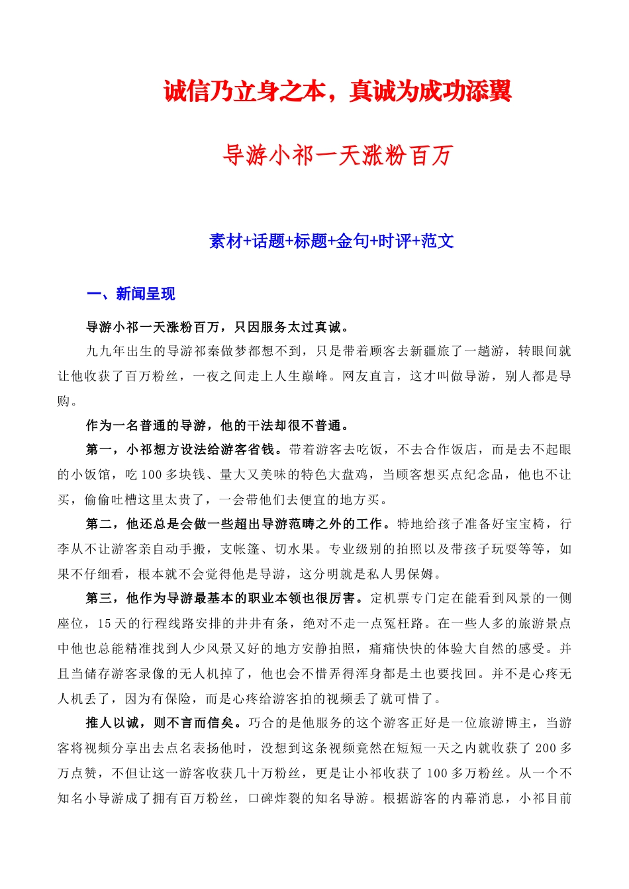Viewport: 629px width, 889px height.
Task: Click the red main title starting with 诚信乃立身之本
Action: pos(338,91)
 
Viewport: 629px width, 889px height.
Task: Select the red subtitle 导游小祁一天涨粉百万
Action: pos(338,156)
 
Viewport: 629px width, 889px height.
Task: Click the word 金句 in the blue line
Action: pos(352,241)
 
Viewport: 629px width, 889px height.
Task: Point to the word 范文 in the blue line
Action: pos(438,241)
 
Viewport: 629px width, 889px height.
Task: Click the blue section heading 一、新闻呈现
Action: pos(131,294)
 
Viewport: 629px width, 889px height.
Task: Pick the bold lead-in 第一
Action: pos(99,450)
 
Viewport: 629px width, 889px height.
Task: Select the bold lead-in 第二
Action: pos(99,524)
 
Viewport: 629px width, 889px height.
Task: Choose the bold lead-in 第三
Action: pos(99,599)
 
